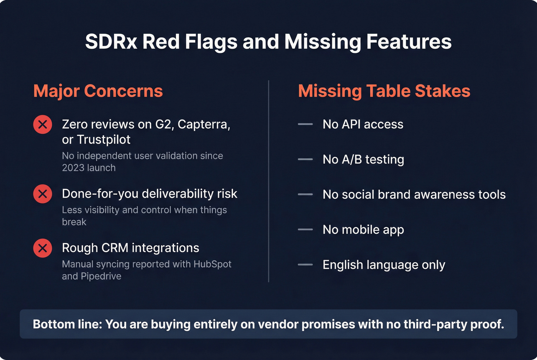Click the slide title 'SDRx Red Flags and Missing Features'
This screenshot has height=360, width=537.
pos(268,41)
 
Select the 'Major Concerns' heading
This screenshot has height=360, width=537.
pos(98,91)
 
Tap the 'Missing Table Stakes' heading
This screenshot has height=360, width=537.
pos(384,91)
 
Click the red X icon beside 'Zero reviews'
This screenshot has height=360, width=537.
pos(43,125)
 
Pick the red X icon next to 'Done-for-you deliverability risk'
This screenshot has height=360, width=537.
pos(43,194)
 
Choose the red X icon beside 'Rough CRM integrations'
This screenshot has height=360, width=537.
pos(43,248)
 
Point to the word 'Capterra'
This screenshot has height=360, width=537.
pos(203,125)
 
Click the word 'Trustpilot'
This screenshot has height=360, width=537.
pos(104,140)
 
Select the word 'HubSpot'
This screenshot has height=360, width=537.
pos(212,264)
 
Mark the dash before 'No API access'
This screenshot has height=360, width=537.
pos(305,124)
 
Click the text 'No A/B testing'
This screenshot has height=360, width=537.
pos(363,159)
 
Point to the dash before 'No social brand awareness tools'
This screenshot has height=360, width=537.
pos(305,194)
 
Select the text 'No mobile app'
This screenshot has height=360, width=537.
pos(363,230)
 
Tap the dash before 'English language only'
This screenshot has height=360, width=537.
pos(305,265)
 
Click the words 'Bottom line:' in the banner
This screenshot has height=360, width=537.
pos(68,324)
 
